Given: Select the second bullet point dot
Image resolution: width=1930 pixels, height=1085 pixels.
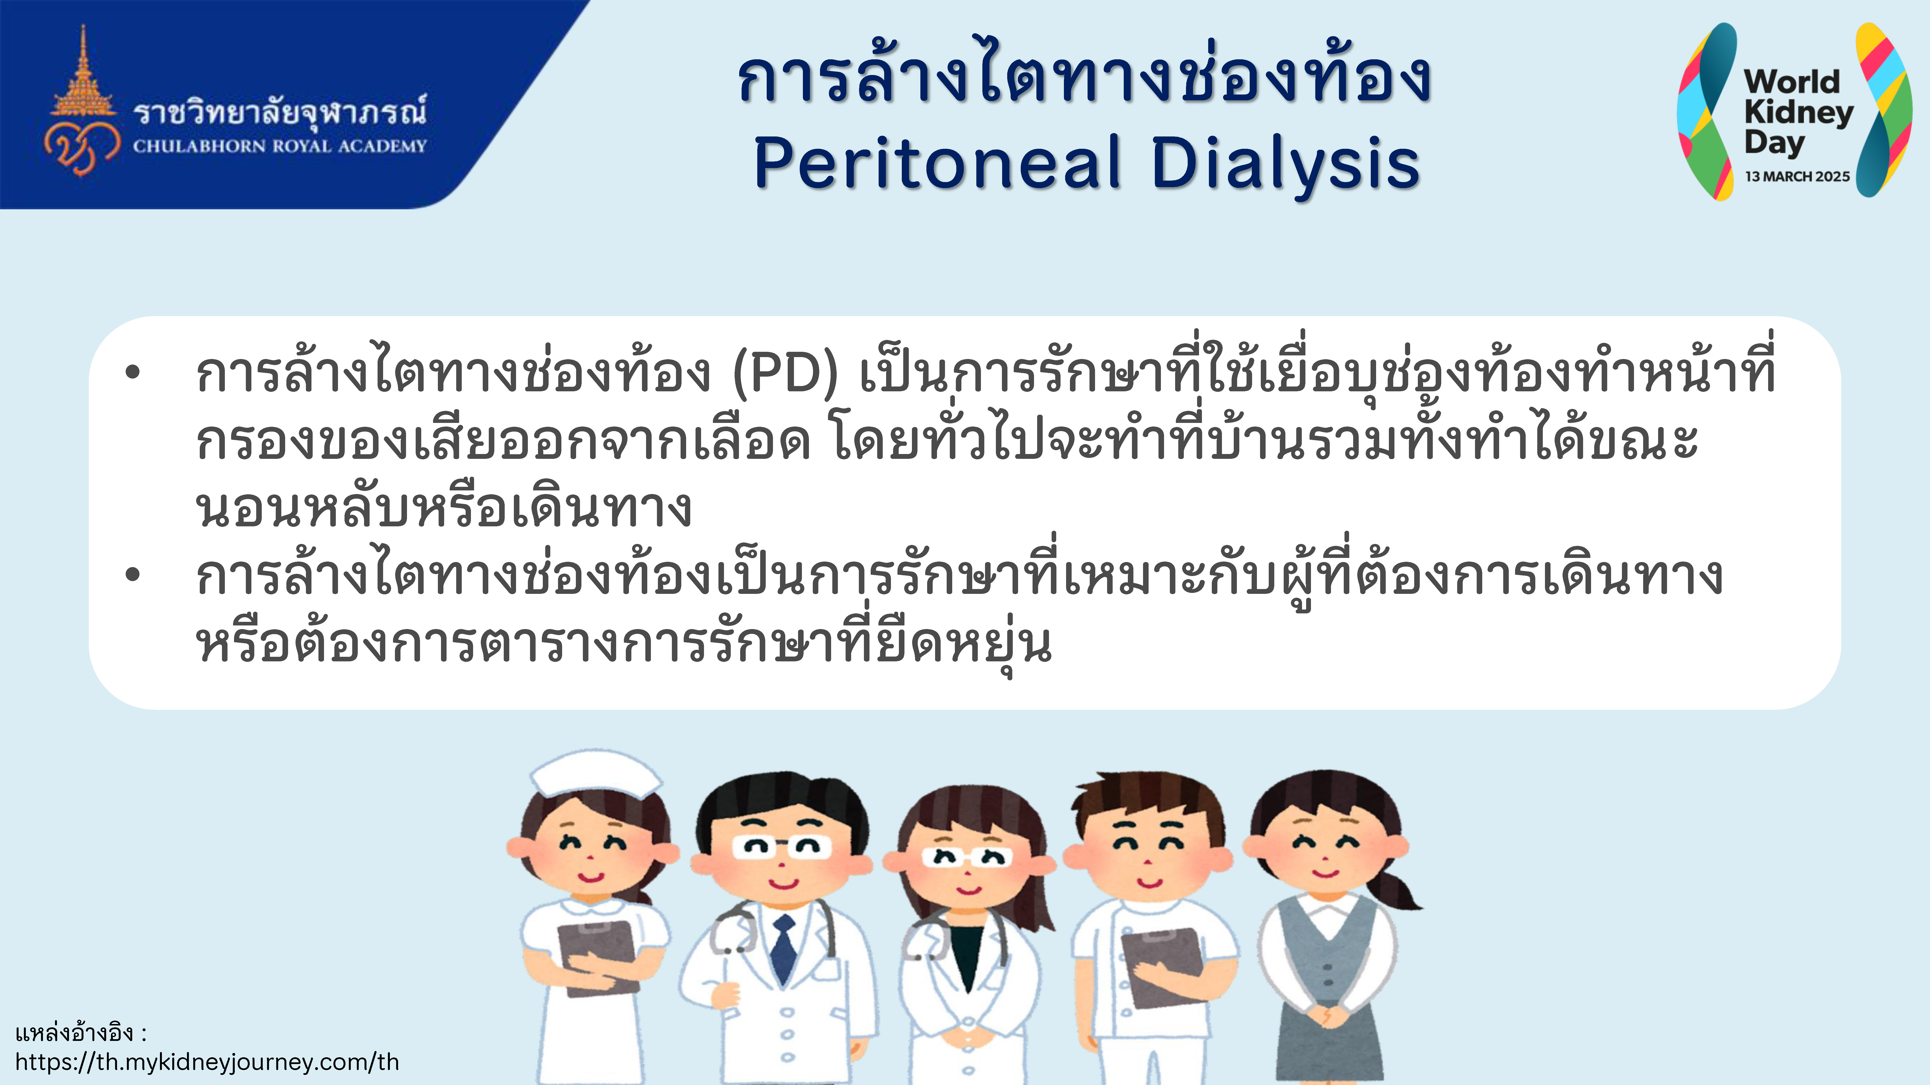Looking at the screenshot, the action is click(133, 575).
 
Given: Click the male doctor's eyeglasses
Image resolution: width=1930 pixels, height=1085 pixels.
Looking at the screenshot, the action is click(781, 847).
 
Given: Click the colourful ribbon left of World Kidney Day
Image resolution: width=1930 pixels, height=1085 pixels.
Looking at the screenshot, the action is click(1707, 111).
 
